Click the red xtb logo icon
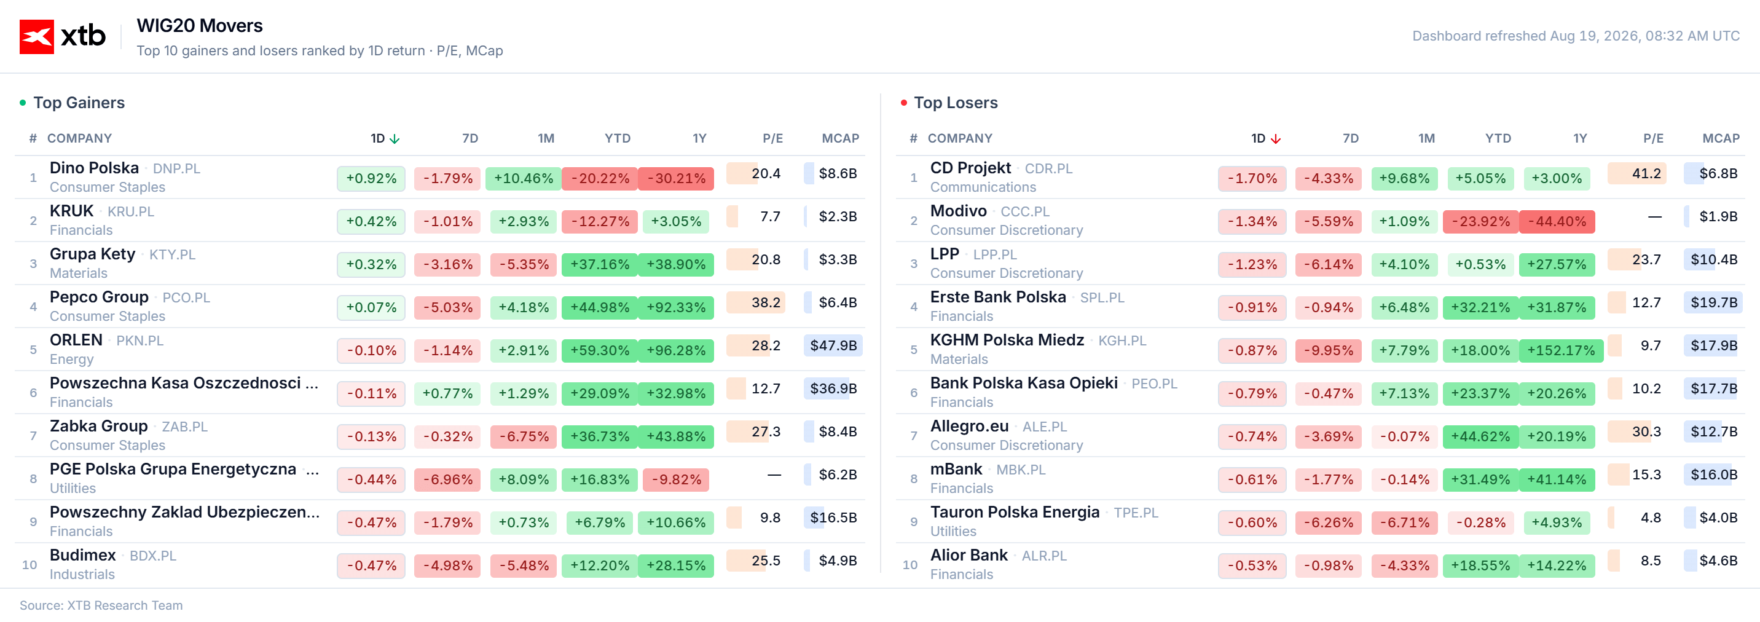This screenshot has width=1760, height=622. point(36,36)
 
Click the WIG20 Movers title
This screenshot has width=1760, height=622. point(200,26)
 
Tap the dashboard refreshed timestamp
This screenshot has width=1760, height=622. point(1576,36)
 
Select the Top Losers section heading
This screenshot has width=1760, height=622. point(955,103)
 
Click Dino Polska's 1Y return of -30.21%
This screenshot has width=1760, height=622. point(676,178)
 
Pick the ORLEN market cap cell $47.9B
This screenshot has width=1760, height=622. point(833,346)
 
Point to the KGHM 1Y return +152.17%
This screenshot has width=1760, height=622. point(1560,351)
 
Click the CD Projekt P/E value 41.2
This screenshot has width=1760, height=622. point(1646,173)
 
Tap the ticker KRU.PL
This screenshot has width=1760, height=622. point(130,212)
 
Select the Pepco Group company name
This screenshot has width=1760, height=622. point(99,297)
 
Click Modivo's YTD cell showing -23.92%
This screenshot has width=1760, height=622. point(1480,221)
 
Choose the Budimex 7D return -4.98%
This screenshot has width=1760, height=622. point(447,566)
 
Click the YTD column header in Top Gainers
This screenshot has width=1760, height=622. point(617,139)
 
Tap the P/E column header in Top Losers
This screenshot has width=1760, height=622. point(1652,139)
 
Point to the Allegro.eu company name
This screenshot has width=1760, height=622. point(969,427)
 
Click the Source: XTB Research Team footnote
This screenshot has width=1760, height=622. point(101,605)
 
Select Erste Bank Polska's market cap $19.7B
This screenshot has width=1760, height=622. point(1713,303)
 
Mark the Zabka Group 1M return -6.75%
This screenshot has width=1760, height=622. point(524,437)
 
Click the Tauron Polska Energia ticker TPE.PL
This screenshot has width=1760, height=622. point(1136,513)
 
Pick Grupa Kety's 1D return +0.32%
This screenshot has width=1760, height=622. point(371,264)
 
